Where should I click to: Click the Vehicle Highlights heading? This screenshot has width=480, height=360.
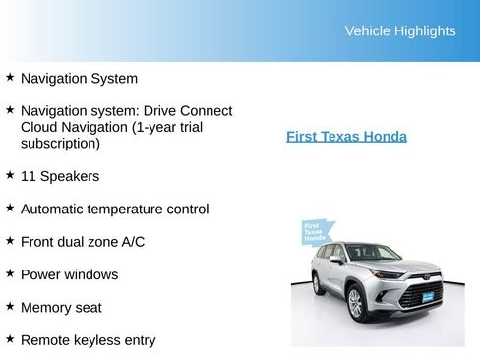point(399,31)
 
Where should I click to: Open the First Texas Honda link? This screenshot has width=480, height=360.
point(346,137)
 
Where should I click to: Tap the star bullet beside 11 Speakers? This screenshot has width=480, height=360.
point(10,174)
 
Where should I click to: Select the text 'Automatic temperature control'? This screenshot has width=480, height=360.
point(114,210)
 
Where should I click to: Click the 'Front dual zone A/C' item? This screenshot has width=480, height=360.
point(83,242)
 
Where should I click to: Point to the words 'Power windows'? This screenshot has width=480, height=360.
point(69,274)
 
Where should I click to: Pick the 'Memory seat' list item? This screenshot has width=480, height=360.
point(61,308)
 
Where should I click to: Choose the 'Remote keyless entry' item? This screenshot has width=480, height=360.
point(88,340)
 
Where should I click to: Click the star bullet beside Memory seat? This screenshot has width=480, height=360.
point(10,306)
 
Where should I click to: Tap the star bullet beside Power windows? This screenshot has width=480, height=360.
point(10,272)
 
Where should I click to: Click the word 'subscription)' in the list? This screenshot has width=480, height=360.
point(60,144)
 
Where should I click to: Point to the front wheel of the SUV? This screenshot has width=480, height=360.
point(355,304)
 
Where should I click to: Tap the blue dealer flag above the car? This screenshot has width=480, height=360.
point(314,232)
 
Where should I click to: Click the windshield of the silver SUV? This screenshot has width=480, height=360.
point(373,253)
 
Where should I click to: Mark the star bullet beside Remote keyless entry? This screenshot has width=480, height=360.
point(10,338)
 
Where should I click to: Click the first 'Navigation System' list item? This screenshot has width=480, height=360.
point(79,79)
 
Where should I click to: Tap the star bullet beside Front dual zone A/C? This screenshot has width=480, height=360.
point(10,240)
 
